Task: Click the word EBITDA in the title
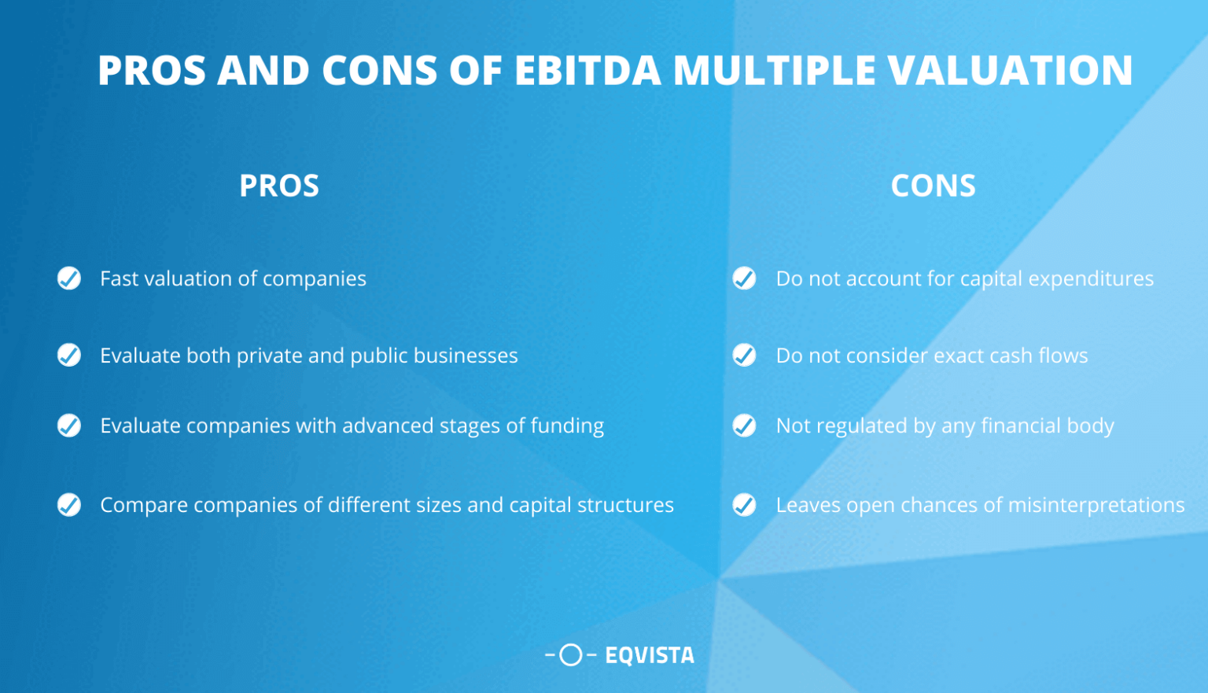point(587,71)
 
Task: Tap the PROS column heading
point(279,186)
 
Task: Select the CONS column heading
point(933,186)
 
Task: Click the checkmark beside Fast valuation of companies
point(69,278)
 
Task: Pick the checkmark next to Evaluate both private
point(69,356)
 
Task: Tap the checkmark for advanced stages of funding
point(69,426)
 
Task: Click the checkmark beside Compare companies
point(69,505)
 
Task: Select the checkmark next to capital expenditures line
point(744,278)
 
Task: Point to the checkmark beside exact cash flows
point(744,356)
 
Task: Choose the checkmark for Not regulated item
point(744,426)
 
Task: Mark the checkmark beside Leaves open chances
point(744,505)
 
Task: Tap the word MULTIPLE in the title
point(775,71)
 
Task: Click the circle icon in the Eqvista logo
point(571,654)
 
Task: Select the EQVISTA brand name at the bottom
point(650,655)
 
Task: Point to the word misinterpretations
point(1096,505)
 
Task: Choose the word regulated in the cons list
point(861,426)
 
